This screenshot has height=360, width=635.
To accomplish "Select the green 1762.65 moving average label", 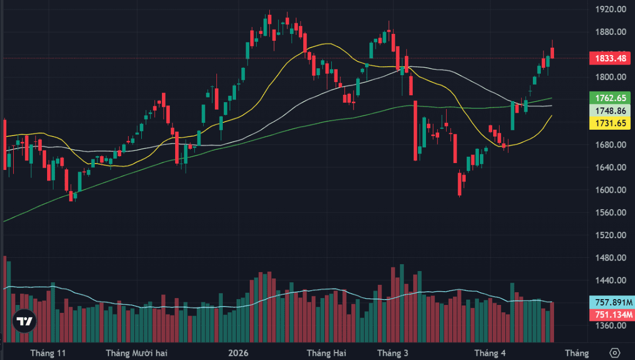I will click(611, 98).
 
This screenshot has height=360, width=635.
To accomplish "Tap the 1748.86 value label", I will click(611, 111).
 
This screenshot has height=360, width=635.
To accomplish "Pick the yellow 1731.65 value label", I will click(611, 123).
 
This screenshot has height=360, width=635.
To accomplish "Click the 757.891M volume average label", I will click(611, 302).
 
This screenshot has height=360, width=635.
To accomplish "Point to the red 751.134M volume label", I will click(611, 314).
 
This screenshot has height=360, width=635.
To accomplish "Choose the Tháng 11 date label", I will click(48, 353).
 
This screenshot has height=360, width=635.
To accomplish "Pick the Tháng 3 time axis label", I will click(392, 353).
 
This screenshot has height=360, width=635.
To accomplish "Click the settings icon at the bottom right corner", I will click(614, 353).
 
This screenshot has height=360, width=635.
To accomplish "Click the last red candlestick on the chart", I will click(552, 52).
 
